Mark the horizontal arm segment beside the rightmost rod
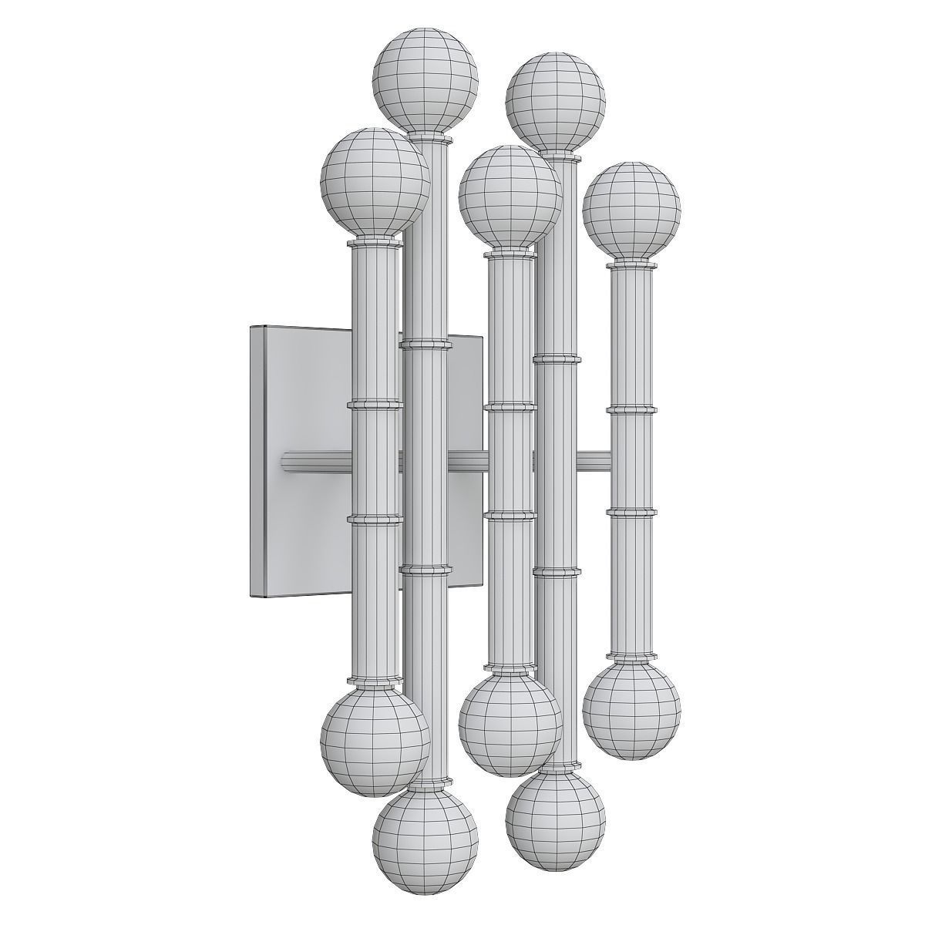[594, 461]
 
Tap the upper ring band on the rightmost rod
[631, 409]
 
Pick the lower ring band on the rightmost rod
[631, 510]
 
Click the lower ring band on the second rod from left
[425, 570]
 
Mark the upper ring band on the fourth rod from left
[556, 358]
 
